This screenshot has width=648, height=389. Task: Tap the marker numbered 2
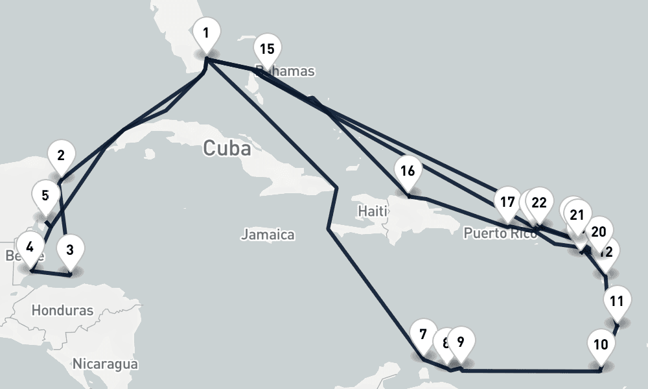[x=61, y=156]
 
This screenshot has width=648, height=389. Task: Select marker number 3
[x=70, y=250]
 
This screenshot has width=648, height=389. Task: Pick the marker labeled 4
[x=30, y=246]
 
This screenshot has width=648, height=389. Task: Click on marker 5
[x=45, y=196]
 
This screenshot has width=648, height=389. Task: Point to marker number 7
[x=423, y=335]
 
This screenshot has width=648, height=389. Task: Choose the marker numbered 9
[x=461, y=342]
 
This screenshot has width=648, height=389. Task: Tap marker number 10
[x=601, y=344]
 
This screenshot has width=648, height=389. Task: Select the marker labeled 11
[x=617, y=301]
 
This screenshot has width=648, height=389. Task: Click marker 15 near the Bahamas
[x=267, y=49]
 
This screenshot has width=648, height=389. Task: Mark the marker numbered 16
[x=408, y=172]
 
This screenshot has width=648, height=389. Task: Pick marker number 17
[x=507, y=202]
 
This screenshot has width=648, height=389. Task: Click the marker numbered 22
[x=539, y=202]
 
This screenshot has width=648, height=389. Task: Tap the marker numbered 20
[x=599, y=231]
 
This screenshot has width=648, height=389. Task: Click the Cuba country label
[x=227, y=148]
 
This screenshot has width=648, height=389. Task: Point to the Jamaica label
[x=268, y=235]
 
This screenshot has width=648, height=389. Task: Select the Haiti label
[x=372, y=211]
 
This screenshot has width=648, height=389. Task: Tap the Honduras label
[x=62, y=311]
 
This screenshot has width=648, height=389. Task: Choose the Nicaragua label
[x=105, y=364]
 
